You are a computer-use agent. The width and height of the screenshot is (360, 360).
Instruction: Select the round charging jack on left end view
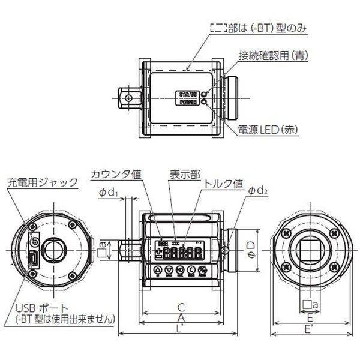pyautogui.click(x=35, y=241)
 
